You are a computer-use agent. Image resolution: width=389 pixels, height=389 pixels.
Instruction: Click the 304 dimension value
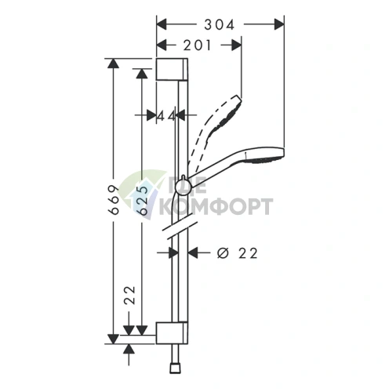coord(219,25)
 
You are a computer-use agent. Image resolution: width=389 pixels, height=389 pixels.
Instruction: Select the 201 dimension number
coord(197,45)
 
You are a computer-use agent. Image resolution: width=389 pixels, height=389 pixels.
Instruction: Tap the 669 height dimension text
coord(115,200)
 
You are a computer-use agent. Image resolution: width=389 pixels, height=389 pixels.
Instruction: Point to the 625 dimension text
coord(143,200)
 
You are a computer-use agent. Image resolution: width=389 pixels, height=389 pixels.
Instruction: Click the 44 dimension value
coord(166,116)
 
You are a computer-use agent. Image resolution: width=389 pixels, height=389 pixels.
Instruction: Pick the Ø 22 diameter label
coord(238,253)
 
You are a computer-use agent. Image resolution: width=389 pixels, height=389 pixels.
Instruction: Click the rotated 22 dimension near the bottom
coord(130,296)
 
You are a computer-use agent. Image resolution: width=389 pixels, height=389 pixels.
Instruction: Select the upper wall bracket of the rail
coord(172,69)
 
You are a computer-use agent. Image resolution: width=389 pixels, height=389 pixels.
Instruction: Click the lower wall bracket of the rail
coord(172,333)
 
